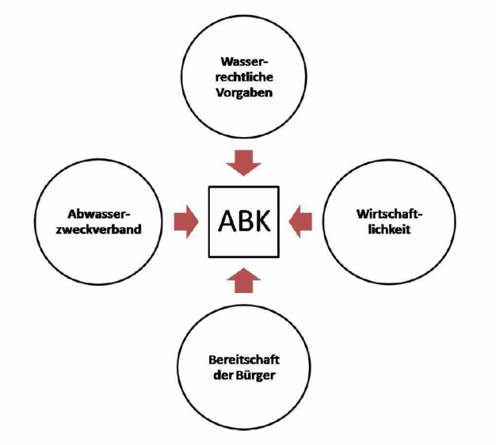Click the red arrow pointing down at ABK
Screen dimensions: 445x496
(x=242, y=162)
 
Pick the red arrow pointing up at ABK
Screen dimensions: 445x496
(x=242, y=279)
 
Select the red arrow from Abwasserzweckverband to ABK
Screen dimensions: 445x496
(x=185, y=221)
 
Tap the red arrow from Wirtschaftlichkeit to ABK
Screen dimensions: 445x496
(x=301, y=221)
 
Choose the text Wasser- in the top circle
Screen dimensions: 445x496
(x=245, y=60)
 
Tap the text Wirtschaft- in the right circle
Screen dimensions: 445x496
(x=387, y=214)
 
